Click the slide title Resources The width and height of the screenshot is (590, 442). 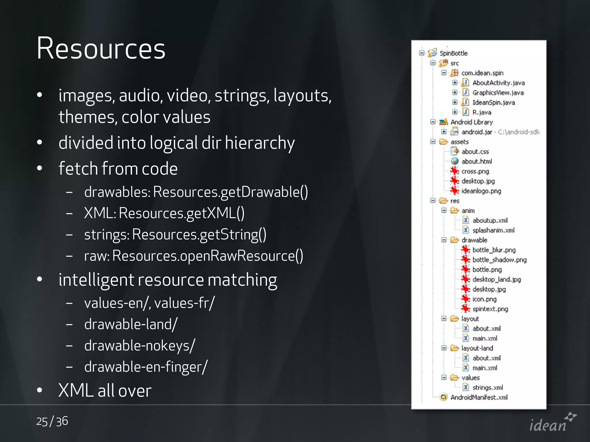101,48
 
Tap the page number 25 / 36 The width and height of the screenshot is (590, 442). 52,421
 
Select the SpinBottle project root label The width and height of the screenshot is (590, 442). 453,53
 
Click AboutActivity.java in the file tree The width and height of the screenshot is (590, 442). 498,83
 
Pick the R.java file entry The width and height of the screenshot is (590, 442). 482,112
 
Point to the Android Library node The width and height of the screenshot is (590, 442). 472,122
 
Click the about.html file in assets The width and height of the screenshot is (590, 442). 476,161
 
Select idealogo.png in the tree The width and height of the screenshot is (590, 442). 481,191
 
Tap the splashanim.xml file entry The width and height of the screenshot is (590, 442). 493,230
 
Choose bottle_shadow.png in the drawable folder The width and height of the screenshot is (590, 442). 499,260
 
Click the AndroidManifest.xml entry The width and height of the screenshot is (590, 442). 479,397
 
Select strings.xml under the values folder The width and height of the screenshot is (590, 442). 487,388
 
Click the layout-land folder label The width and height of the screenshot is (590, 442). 477,348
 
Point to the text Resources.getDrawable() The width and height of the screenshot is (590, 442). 230,192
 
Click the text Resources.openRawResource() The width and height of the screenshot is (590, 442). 207,256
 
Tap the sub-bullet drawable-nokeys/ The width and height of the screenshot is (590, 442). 140,346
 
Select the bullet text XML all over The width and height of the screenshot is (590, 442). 105,390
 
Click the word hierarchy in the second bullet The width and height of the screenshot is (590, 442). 260,143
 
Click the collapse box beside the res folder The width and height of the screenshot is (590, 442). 433,201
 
